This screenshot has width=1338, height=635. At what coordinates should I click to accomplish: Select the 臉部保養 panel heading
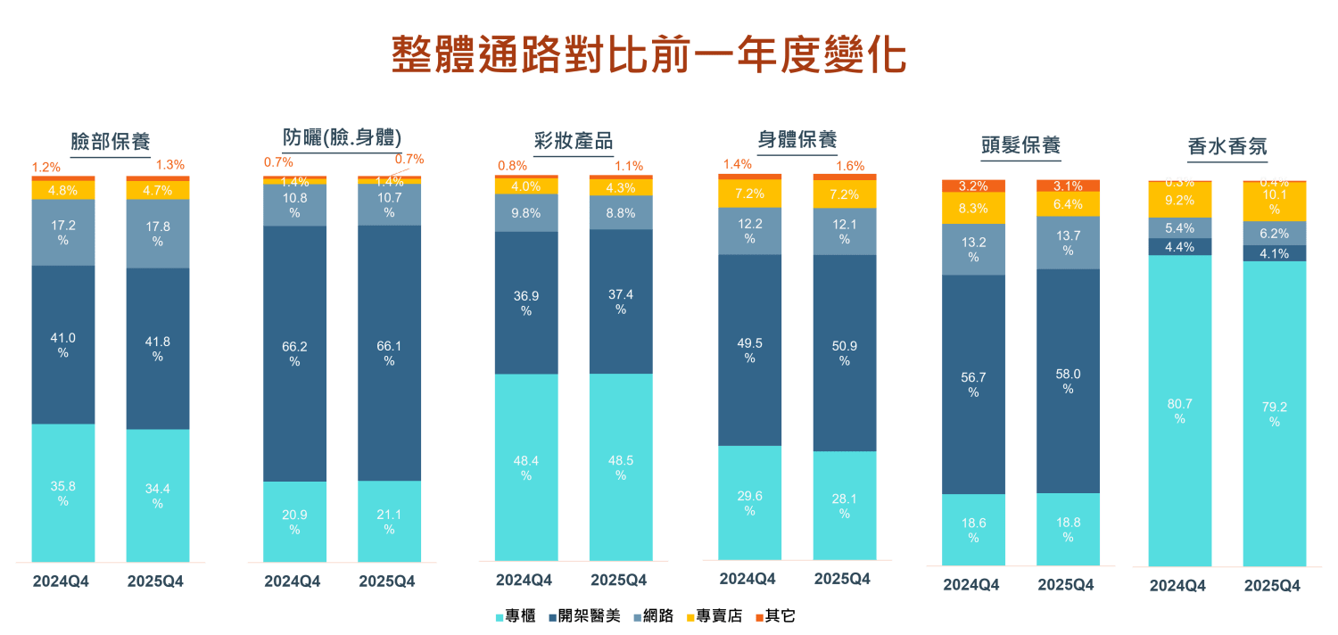coord(111,142)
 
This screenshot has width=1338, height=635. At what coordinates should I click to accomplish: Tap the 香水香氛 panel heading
coord(1227,146)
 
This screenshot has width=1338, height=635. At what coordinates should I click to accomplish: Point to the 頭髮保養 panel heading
coord(1020,145)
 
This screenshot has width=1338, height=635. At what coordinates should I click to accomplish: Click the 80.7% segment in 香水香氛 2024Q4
coord(1179,410)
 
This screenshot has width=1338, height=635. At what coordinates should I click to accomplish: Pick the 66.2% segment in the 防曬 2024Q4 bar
coord(294,353)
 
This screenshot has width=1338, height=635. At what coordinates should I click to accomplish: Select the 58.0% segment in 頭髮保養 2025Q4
coord(1068,381)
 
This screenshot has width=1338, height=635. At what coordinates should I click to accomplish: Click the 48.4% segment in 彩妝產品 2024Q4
coord(526,466)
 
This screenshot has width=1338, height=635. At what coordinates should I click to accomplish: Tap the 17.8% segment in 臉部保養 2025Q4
coord(158,234)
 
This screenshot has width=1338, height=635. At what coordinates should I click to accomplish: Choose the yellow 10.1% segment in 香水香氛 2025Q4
coord(1274,202)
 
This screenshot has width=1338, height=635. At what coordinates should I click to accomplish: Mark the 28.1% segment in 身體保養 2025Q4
coord(845,506)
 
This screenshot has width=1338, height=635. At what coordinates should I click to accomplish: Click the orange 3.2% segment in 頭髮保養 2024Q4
coord(973,186)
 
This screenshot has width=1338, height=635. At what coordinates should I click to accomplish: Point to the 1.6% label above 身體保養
coord(850,166)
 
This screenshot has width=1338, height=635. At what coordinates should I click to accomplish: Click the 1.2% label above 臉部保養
coord(46,167)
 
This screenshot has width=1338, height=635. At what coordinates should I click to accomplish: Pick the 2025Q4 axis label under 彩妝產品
coord(618,581)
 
